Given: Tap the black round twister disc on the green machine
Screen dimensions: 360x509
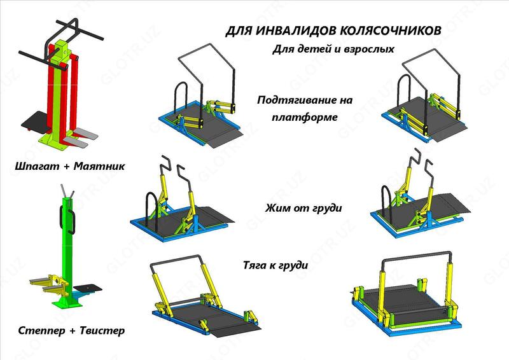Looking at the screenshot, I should (87, 289).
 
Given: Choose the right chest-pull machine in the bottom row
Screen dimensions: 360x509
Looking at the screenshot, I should (407, 296).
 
